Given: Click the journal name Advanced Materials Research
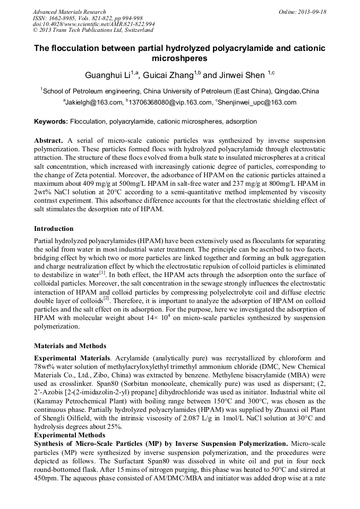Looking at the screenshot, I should [x=69, y=12].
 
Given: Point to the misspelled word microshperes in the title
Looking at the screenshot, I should [x=180, y=58].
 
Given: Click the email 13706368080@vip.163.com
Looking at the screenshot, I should [x=169, y=102].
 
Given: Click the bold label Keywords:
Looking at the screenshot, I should [x=51, y=122].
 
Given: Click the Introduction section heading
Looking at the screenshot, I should [x=54, y=229].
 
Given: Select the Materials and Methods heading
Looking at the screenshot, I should [x=70, y=346].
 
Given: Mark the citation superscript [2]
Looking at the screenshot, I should [x=106, y=298].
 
